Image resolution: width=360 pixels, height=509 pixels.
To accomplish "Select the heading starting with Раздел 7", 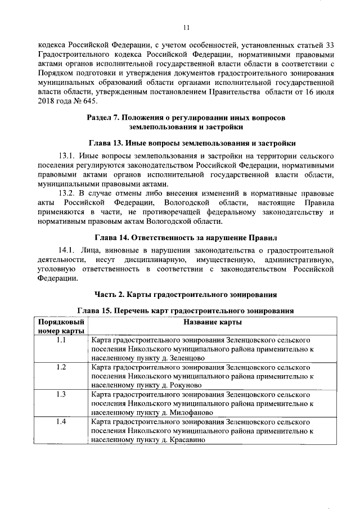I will pyautogui.click(x=186, y=123).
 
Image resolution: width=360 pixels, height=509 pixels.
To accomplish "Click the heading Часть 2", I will pyautogui.click(x=186, y=295).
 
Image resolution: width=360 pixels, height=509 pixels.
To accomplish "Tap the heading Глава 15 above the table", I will pyautogui.click(x=186, y=311).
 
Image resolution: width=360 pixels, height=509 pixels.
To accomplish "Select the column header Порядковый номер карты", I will pyautogui.click(x=61, y=326).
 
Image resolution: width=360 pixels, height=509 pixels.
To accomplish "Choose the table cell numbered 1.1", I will pyautogui.click(x=61, y=340).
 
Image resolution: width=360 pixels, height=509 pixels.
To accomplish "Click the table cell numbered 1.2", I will pyautogui.click(x=61, y=367).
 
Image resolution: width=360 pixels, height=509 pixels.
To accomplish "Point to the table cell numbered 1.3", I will pyautogui.click(x=61, y=394).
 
